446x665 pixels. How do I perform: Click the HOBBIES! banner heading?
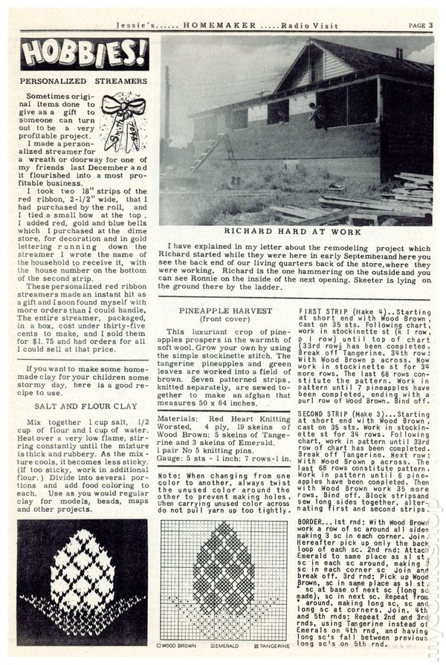pos(83,53)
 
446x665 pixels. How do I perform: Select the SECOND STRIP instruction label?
pos(326,413)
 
